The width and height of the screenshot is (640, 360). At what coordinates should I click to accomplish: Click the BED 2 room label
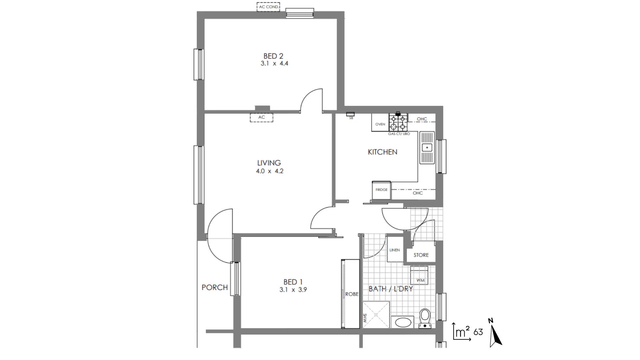click(x=273, y=56)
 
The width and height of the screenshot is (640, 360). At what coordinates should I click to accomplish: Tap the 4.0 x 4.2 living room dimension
click(x=269, y=171)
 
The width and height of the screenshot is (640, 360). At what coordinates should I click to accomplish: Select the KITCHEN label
click(x=382, y=152)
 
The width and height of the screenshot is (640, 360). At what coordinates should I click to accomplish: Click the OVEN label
click(x=380, y=124)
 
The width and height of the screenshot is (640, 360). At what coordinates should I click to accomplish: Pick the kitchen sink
click(x=427, y=147)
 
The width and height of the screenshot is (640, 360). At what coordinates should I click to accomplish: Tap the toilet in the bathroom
click(x=425, y=318)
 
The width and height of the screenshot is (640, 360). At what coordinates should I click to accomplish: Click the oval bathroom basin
click(x=403, y=322)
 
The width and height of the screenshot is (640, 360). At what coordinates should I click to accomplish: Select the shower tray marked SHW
click(x=376, y=315)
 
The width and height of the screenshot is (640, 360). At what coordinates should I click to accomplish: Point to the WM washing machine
click(x=419, y=275)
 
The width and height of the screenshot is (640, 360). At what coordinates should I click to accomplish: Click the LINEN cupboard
click(x=395, y=249)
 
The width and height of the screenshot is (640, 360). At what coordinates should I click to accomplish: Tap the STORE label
click(x=421, y=255)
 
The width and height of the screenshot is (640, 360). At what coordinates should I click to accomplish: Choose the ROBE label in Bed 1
click(x=352, y=294)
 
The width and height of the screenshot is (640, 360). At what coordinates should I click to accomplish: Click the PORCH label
click(x=215, y=287)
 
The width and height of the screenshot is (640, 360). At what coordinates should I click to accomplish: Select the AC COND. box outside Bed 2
click(x=268, y=7)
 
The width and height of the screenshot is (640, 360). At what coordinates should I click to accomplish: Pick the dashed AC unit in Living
click(x=262, y=117)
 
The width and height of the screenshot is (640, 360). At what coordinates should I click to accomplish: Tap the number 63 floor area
click(x=478, y=332)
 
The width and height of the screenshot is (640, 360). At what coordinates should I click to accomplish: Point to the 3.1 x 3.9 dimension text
click(x=293, y=290)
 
